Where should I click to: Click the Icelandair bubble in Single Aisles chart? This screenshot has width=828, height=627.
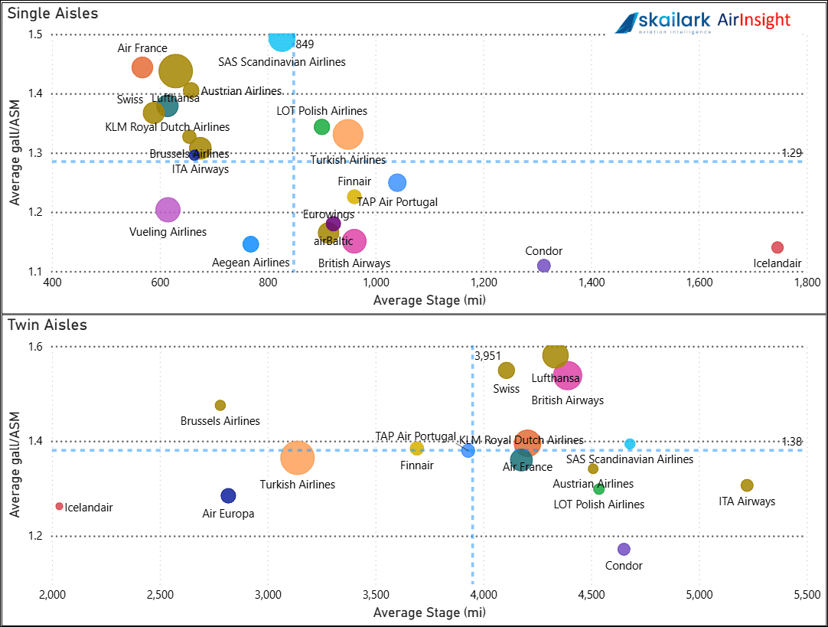[x=777, y=247]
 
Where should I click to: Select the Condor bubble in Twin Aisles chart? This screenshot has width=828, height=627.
[x=624, y=549]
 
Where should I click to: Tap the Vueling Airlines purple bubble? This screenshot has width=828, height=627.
[x=168, y=209]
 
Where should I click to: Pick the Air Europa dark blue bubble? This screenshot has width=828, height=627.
[x=228, y=496]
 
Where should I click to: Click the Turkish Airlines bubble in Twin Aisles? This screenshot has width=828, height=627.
[x=298, y=458]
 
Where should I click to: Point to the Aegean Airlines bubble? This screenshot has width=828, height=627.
[x=251, y=244]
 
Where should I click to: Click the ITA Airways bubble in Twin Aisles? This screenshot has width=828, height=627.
[x=747, y=485]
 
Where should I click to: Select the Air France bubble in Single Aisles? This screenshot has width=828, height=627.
[x=142, y=67]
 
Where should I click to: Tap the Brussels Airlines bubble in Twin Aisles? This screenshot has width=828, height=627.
[x=220, y=405]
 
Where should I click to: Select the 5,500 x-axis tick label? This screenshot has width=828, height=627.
[x=808, y=595]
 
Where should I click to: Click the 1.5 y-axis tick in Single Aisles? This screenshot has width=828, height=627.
[x=35, y=34]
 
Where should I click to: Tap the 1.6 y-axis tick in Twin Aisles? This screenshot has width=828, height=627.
[x=35, y=347]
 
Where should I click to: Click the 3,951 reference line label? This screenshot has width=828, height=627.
[x=487, y=356]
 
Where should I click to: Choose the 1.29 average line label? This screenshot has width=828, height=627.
[x=791, y=154]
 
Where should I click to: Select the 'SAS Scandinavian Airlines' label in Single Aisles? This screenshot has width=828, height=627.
[x=282, y=62]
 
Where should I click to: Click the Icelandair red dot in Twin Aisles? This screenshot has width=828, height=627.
[x=60, y=506]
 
